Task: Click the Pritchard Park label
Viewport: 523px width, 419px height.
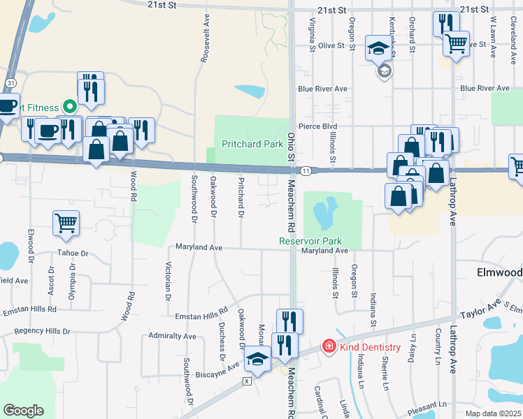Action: [252, 145]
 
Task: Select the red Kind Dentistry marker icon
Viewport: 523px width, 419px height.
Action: [327, 346]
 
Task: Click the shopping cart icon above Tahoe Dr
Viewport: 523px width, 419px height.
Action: [66, 223]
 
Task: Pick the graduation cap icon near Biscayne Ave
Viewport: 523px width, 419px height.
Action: [257, 360]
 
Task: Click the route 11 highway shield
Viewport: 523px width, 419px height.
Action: [306, 170]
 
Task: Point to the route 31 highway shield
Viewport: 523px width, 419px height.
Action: [10, 82]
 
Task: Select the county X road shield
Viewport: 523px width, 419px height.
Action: [246, 381]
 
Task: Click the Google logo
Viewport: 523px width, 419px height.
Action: [23, 411]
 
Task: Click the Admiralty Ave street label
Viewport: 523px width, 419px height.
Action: [173, 337]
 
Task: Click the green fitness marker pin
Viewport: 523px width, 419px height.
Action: [69, 107]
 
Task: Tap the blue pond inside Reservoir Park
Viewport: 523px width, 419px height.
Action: [323, 214]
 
